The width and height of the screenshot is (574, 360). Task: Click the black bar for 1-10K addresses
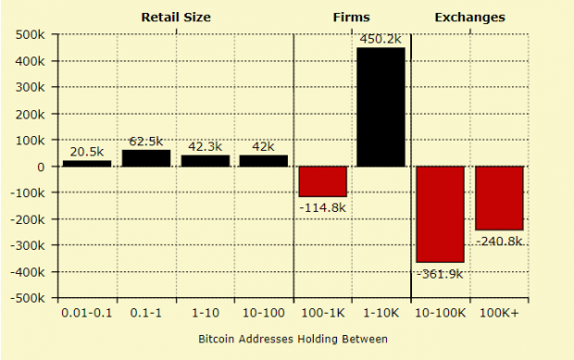click(381, 106)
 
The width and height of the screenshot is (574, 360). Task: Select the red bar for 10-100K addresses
click(440, 214)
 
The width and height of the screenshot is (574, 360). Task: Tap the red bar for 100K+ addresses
click(499, 198)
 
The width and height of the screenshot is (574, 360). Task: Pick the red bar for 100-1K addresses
click(322, 181)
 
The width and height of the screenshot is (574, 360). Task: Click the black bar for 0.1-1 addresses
click(145, 158)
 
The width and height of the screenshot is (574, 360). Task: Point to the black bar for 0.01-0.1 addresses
click(87, 163)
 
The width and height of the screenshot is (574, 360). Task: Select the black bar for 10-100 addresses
click(263, 160)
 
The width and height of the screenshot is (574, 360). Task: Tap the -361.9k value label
click(441, 274)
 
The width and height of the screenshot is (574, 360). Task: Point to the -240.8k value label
click(499, 241)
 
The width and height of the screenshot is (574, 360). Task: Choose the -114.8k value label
click(322, 207)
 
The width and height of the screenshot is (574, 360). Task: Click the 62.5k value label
click(145, 141)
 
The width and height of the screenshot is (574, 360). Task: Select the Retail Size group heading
click(175, 17)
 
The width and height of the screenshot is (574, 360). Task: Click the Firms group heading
click(351, 17)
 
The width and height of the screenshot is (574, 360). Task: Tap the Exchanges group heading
click(469, 17)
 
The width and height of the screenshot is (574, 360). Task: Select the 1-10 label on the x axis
click(205, 313)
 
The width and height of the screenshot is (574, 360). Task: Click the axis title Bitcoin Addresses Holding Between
click(293, 339)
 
